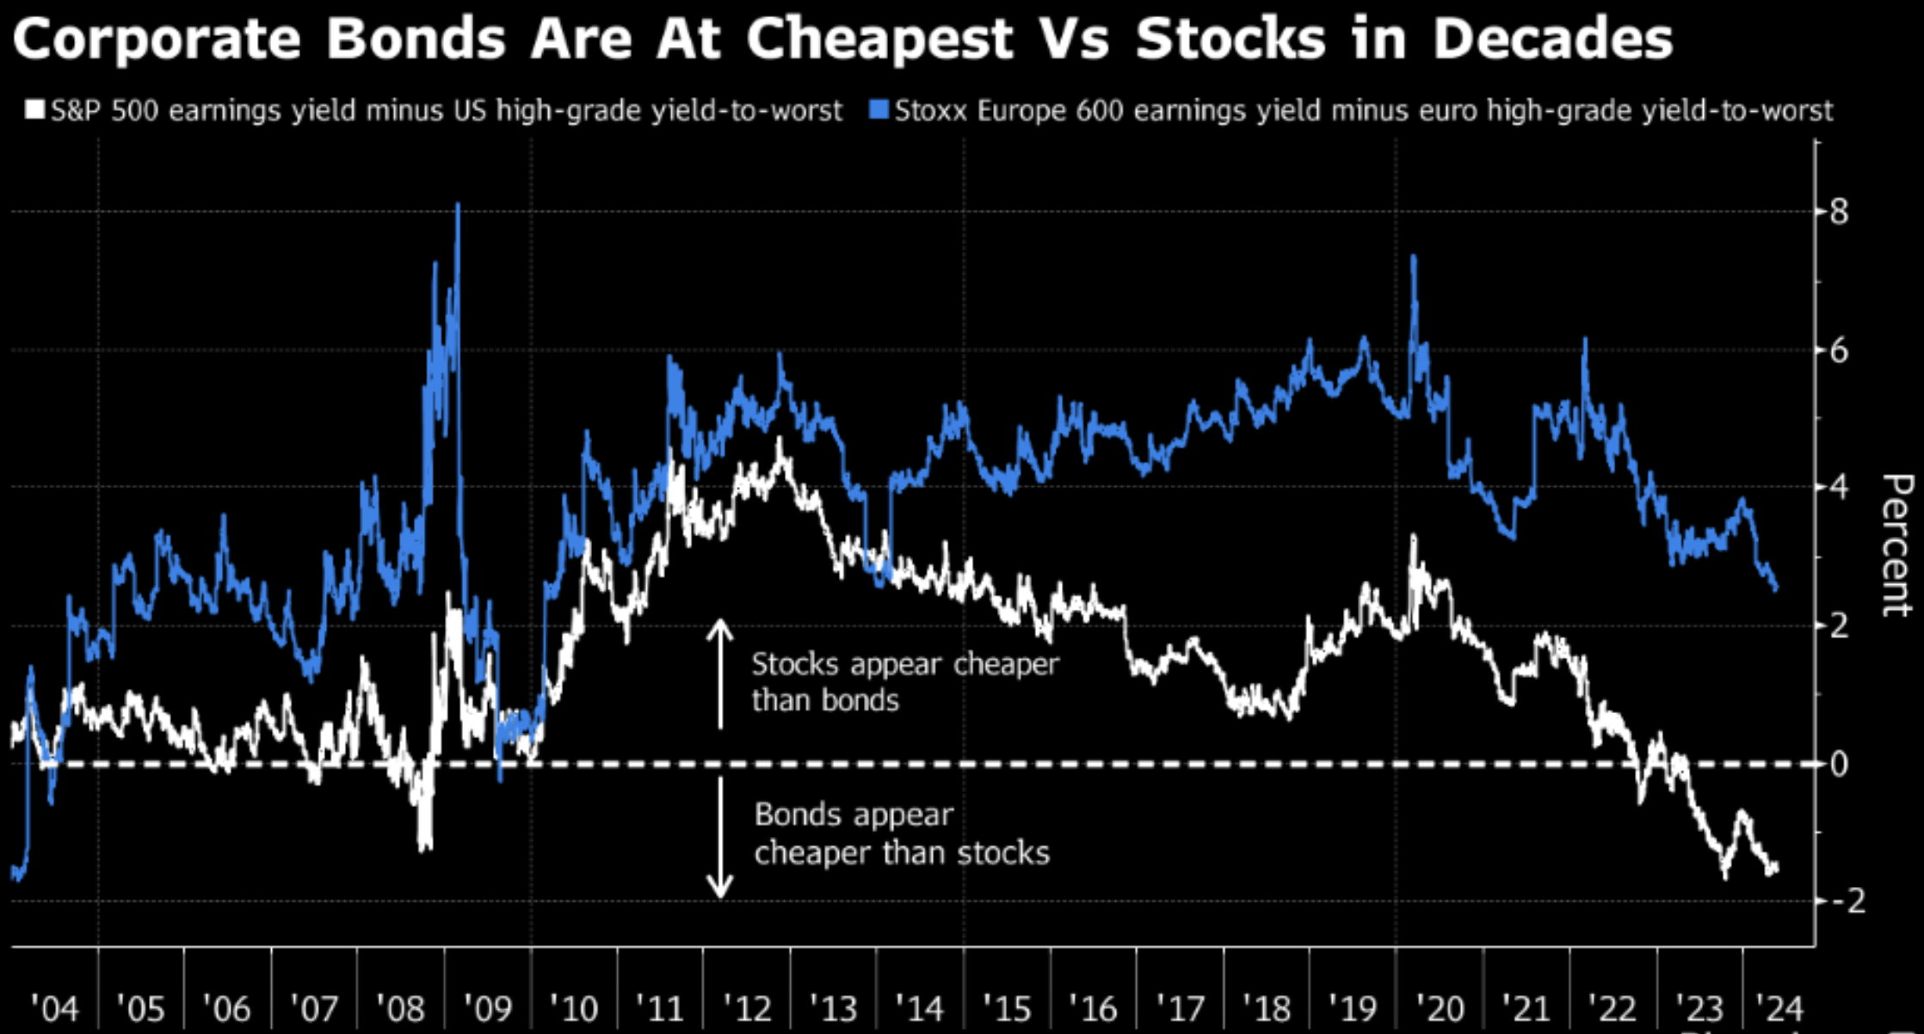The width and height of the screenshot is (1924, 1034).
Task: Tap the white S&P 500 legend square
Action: tap(35, 110)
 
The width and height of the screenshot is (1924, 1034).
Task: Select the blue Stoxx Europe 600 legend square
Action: tap(879, 110)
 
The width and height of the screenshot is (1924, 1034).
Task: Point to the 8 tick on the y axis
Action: tap(1838, 211)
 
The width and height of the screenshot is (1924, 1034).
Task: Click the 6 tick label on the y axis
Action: tap(1838, 350)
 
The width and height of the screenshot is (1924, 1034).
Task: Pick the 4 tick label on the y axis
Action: tap(1838, 487)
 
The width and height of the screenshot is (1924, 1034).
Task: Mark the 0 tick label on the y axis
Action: tap(1838, 763)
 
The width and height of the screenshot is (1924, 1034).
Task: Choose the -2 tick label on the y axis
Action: tap(1847, 901)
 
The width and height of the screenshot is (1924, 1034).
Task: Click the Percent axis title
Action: tap(1897, 545)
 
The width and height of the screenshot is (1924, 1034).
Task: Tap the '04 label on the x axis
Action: tap(54, 1007)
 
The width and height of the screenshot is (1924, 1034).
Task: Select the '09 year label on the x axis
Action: tap(488, 1007)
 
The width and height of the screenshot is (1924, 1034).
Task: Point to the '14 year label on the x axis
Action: tap(920, 1007)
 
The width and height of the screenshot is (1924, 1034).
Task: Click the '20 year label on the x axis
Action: tap(1440, 1007)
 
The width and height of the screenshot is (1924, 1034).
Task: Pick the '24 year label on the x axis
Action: tap(1779, 1007)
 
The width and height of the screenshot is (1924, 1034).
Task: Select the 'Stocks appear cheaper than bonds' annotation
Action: tap(904, 682)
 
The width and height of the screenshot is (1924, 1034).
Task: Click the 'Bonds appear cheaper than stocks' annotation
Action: tap(901, 834)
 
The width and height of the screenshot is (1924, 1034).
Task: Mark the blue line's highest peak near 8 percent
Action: tap(458, 206)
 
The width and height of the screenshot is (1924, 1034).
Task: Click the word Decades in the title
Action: tap(1552, 40)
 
